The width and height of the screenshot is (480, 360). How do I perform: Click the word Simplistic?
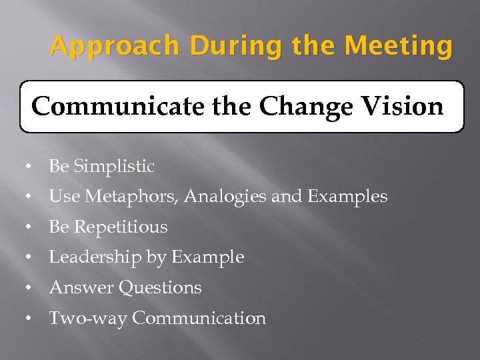click(114, 167)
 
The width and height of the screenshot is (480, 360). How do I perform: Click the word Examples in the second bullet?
click(347, 197)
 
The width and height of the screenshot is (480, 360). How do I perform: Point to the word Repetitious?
click(121, 227)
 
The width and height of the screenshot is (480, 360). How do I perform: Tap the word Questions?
click(160, 288)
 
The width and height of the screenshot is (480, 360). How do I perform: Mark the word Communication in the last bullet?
click(199, 319)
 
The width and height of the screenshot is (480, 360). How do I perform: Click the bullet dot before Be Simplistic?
click(30, 167)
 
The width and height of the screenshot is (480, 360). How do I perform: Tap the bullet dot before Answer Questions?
click(30, 289)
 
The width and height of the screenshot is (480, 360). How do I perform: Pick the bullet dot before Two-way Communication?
click(30, 319)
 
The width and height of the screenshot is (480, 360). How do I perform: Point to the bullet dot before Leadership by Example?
click(30, 258)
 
